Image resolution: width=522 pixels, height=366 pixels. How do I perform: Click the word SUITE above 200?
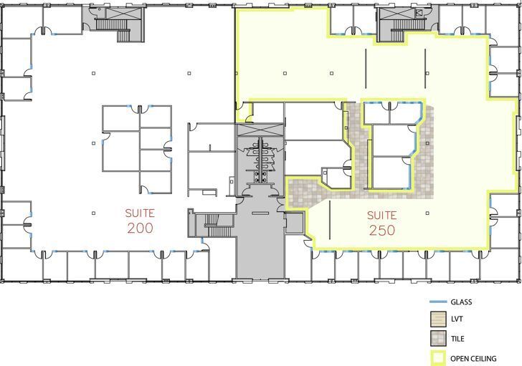click(x=141, y=213)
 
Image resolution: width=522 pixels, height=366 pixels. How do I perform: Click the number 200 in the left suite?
click(x=141, y=228)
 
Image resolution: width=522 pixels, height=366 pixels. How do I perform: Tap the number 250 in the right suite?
click(x=383, y=230)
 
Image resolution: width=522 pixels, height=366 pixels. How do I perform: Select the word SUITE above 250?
click(x=383, y=215)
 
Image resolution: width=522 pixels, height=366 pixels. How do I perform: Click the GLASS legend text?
click(x=461, y=302)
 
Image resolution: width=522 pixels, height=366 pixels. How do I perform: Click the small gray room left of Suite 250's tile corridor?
click(x=295, y=223)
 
